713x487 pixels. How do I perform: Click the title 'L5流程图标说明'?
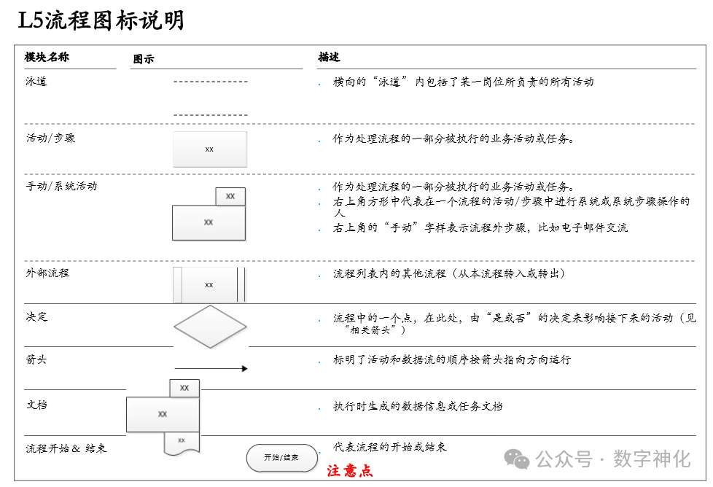point(101,20)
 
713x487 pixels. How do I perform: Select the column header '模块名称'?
point(47,57)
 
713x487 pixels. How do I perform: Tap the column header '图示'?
point(144,59)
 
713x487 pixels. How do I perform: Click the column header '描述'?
point(329,57)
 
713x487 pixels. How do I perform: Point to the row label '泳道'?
point(36,82)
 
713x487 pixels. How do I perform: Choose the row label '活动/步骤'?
point(50,138)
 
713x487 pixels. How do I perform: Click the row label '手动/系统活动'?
point(61,186)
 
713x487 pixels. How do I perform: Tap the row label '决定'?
point(36,317)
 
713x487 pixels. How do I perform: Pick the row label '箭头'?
point(36,359)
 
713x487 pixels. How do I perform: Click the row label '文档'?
point(36,404)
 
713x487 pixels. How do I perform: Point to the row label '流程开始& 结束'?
point(66,448)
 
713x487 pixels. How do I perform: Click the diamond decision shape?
point(210,326)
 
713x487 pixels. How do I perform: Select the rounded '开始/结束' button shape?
point(281,458)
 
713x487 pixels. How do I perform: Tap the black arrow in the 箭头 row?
point(211,369)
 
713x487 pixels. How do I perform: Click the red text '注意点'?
point(350,471)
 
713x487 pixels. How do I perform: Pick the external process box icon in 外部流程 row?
point(209,284)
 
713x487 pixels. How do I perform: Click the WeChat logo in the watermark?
point(518,459)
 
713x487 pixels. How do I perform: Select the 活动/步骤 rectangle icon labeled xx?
point(209,149)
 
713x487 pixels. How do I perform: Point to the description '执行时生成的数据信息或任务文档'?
point(418,406)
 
